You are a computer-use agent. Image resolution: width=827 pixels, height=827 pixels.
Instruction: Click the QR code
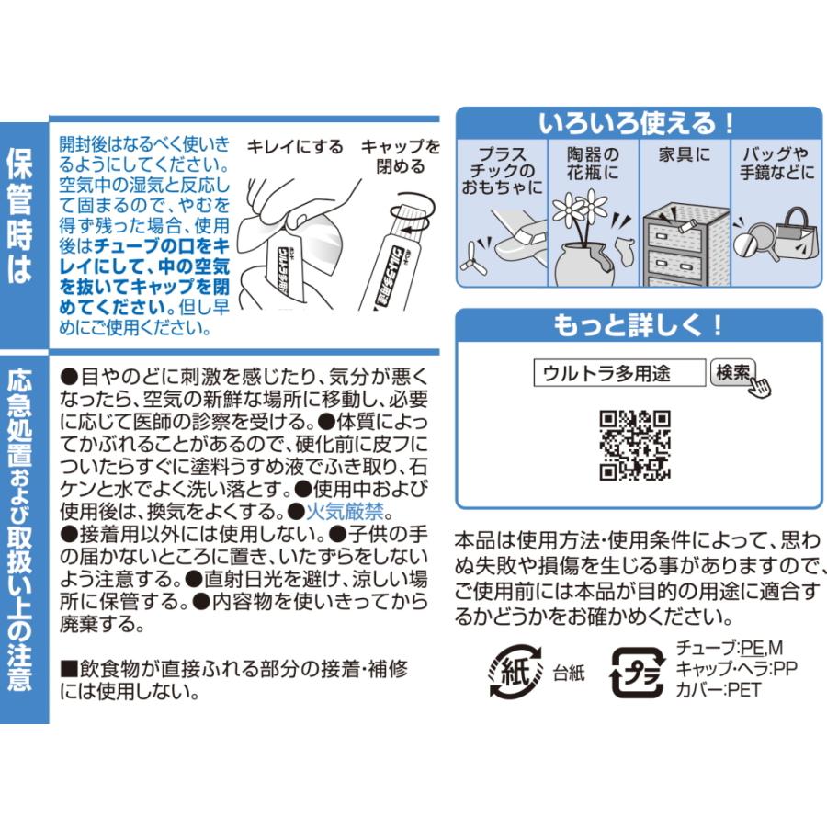(635, 446)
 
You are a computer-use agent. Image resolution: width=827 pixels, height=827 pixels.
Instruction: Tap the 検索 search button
(732, 372)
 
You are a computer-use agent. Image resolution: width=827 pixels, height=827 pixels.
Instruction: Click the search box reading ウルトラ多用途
(619, 372)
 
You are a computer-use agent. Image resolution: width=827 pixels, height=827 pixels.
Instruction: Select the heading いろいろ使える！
(638, 121)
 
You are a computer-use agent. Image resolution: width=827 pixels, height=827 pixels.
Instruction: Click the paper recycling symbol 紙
(515, 671)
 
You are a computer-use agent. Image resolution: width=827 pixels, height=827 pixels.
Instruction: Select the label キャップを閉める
(399, 156)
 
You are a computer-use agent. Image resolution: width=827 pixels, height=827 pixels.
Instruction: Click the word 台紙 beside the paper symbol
(569, 673)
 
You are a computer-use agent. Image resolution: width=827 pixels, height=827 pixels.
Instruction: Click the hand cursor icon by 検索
(758, 384)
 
